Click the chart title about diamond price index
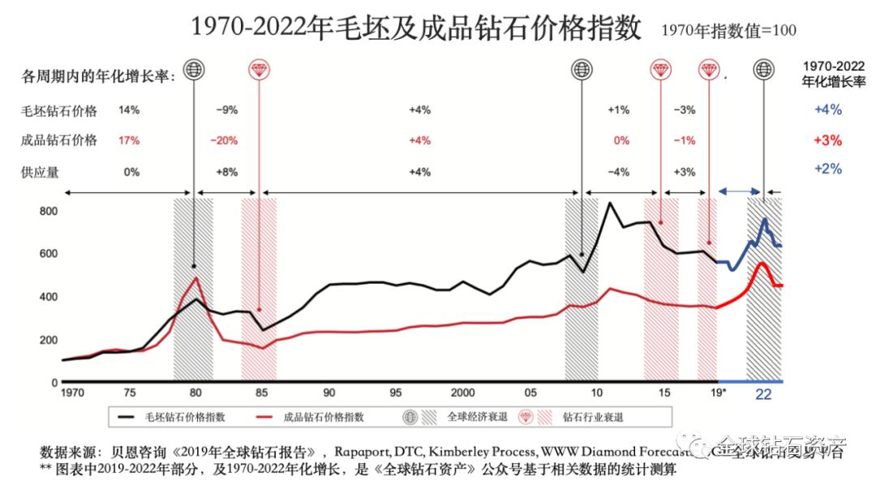pyautogui.click(x=416, y=28)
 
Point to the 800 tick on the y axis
pyautogui.click(x=49, y=211)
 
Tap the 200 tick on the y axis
pyautogui.click(x=49, y=339)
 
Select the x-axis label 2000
pyautogui.click(x=462, y=393)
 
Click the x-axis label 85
pyautogui.click(x=261, y=393)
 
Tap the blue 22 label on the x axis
pyautogui.click(x=763, y=395)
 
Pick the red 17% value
pyautogui.click(x=129, y=140)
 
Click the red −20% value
pyautogui.click(x=223, y=140)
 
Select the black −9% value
pyautogui.click(x=226, y=109)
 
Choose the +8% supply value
pyautogui.click(x=226, y=172)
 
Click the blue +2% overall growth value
pyautogui.click(x=827, y=170)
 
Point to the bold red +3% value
pyautogui.click(x=827, y=140)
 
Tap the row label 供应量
pyautogui.click(x=41, y=172)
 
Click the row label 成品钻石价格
pyautogui.click(x=59, y=140)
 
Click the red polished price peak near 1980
pyautogui.click(x=196, y=278)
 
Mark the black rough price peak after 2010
pyautogui.click(x=609, y=203)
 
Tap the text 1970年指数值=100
pyautogui.click(x=729, y=30)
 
